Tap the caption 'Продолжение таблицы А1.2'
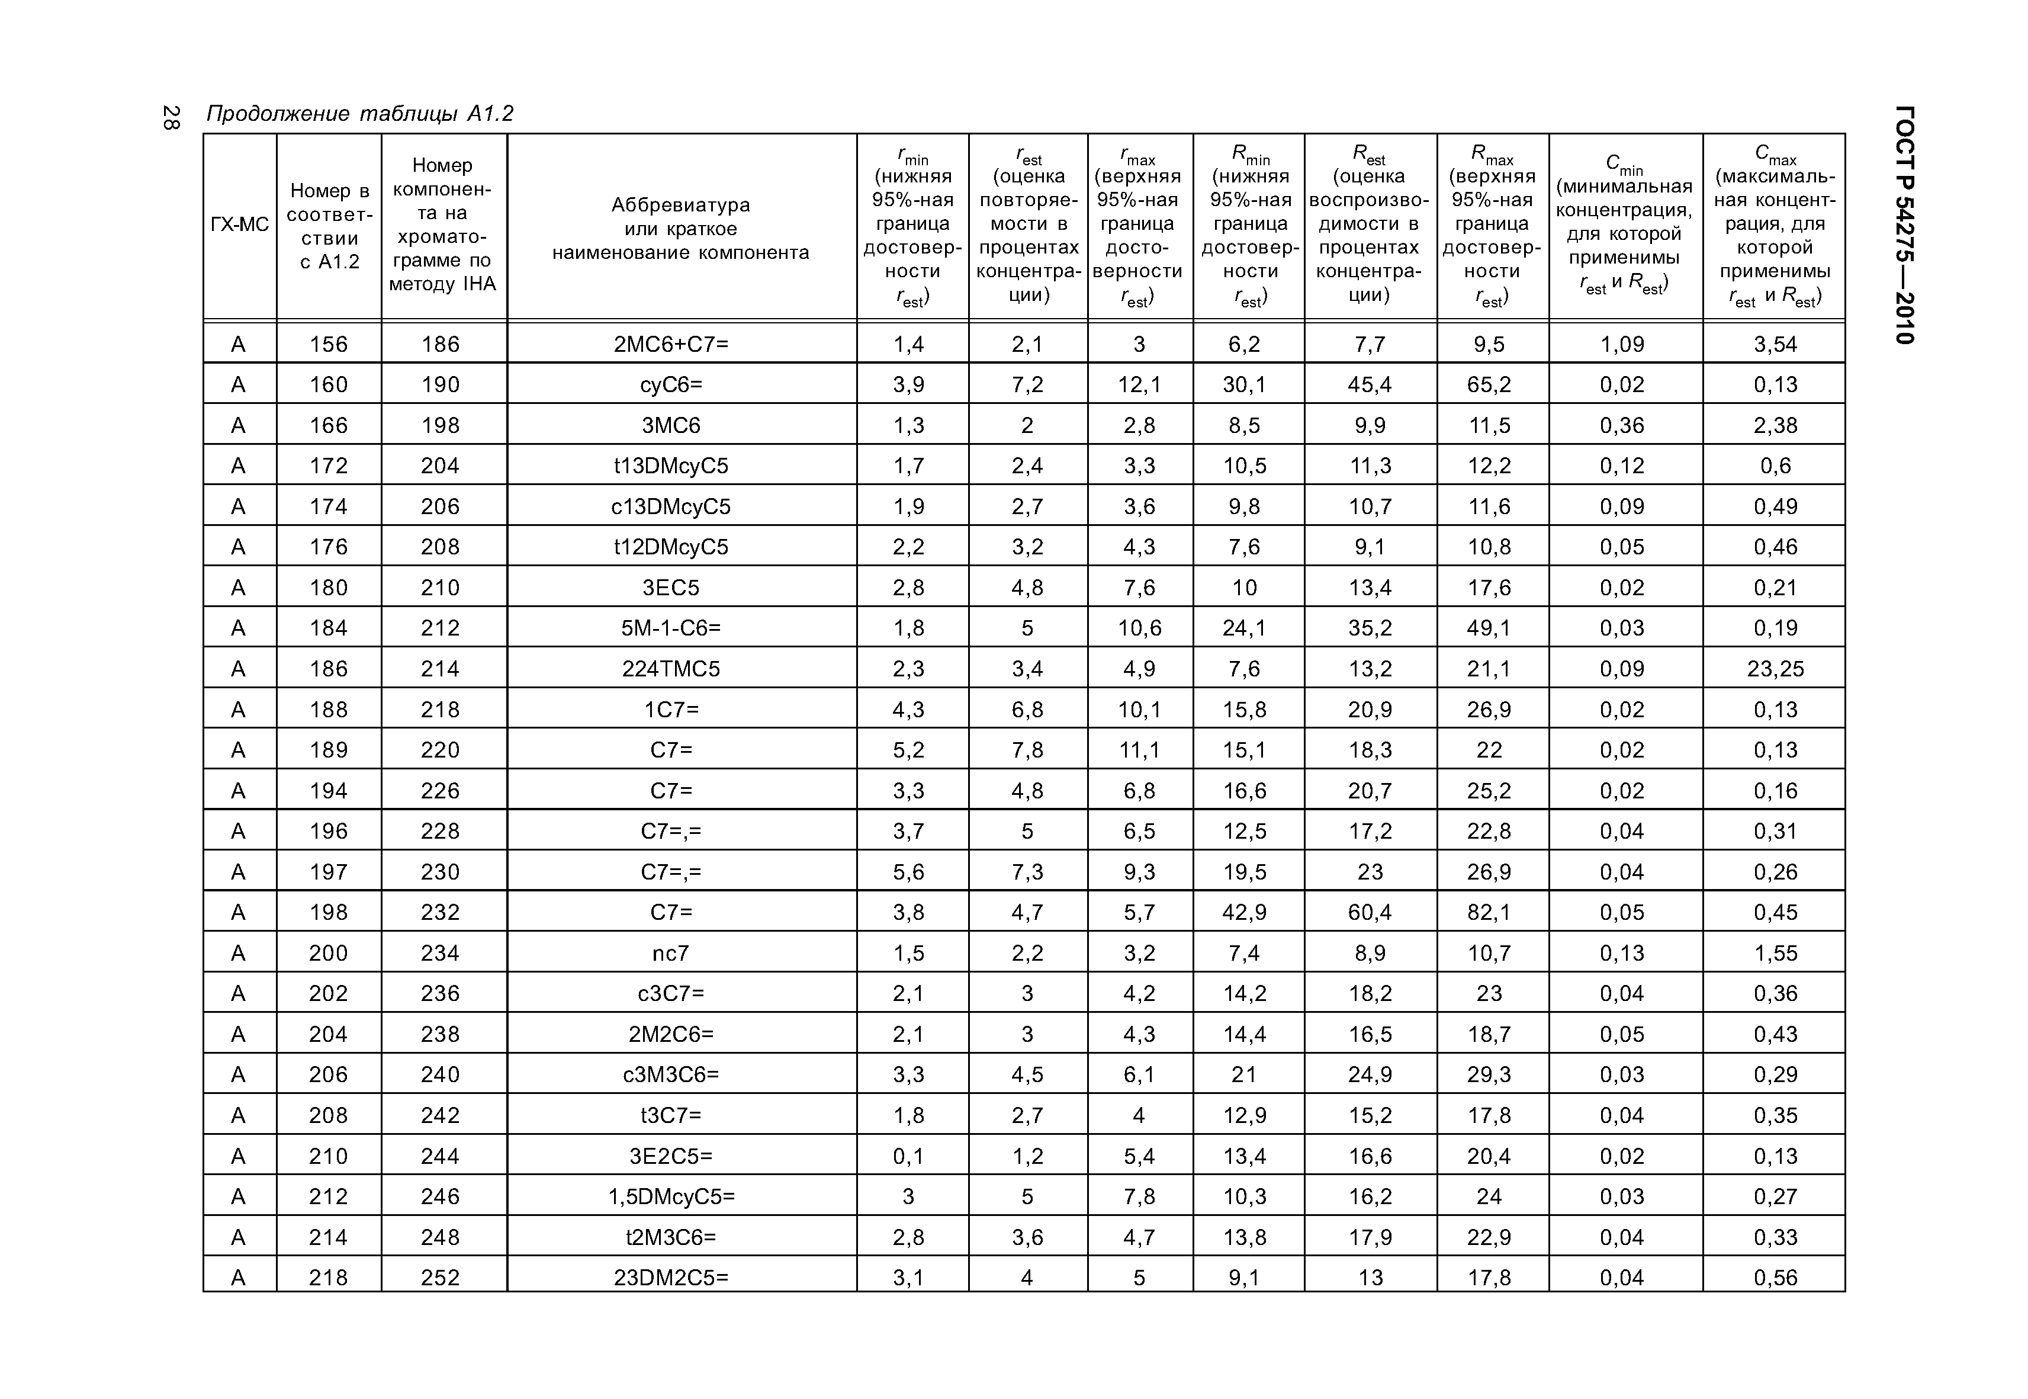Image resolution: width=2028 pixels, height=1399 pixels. pos(359,114)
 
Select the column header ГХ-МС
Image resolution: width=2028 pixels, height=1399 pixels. pos(239,224)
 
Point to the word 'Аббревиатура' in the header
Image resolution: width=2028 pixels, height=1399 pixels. pos(680,205)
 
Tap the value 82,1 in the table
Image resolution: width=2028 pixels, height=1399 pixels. pos(1489,913)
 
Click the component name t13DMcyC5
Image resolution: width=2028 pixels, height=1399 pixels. pos(671,466)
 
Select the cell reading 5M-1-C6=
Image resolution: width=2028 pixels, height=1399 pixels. pos(671,628)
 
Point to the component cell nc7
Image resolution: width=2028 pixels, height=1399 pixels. pos(671,954)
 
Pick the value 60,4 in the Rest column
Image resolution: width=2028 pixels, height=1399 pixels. pos(1370,913)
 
